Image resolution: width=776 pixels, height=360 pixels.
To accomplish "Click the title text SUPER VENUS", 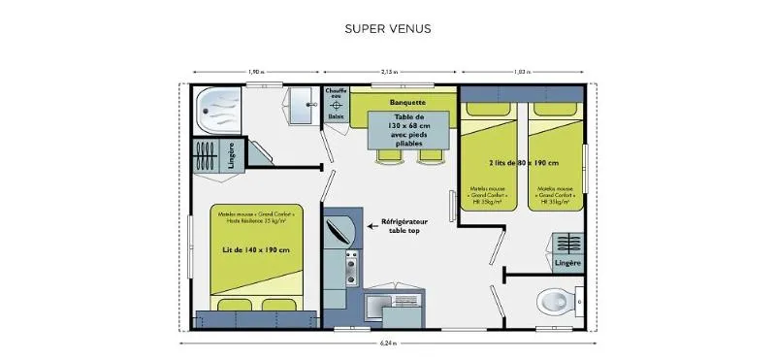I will [388, 28].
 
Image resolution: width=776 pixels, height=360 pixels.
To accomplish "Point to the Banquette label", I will [407, 102].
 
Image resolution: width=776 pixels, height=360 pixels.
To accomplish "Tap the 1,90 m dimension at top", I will [255, 72].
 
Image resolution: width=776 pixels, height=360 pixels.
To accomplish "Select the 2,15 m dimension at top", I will [389, 72].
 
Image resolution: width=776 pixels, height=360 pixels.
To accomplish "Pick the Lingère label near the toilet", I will [567, 263].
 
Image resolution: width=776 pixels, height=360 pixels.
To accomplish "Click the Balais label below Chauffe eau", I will [336, 116].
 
